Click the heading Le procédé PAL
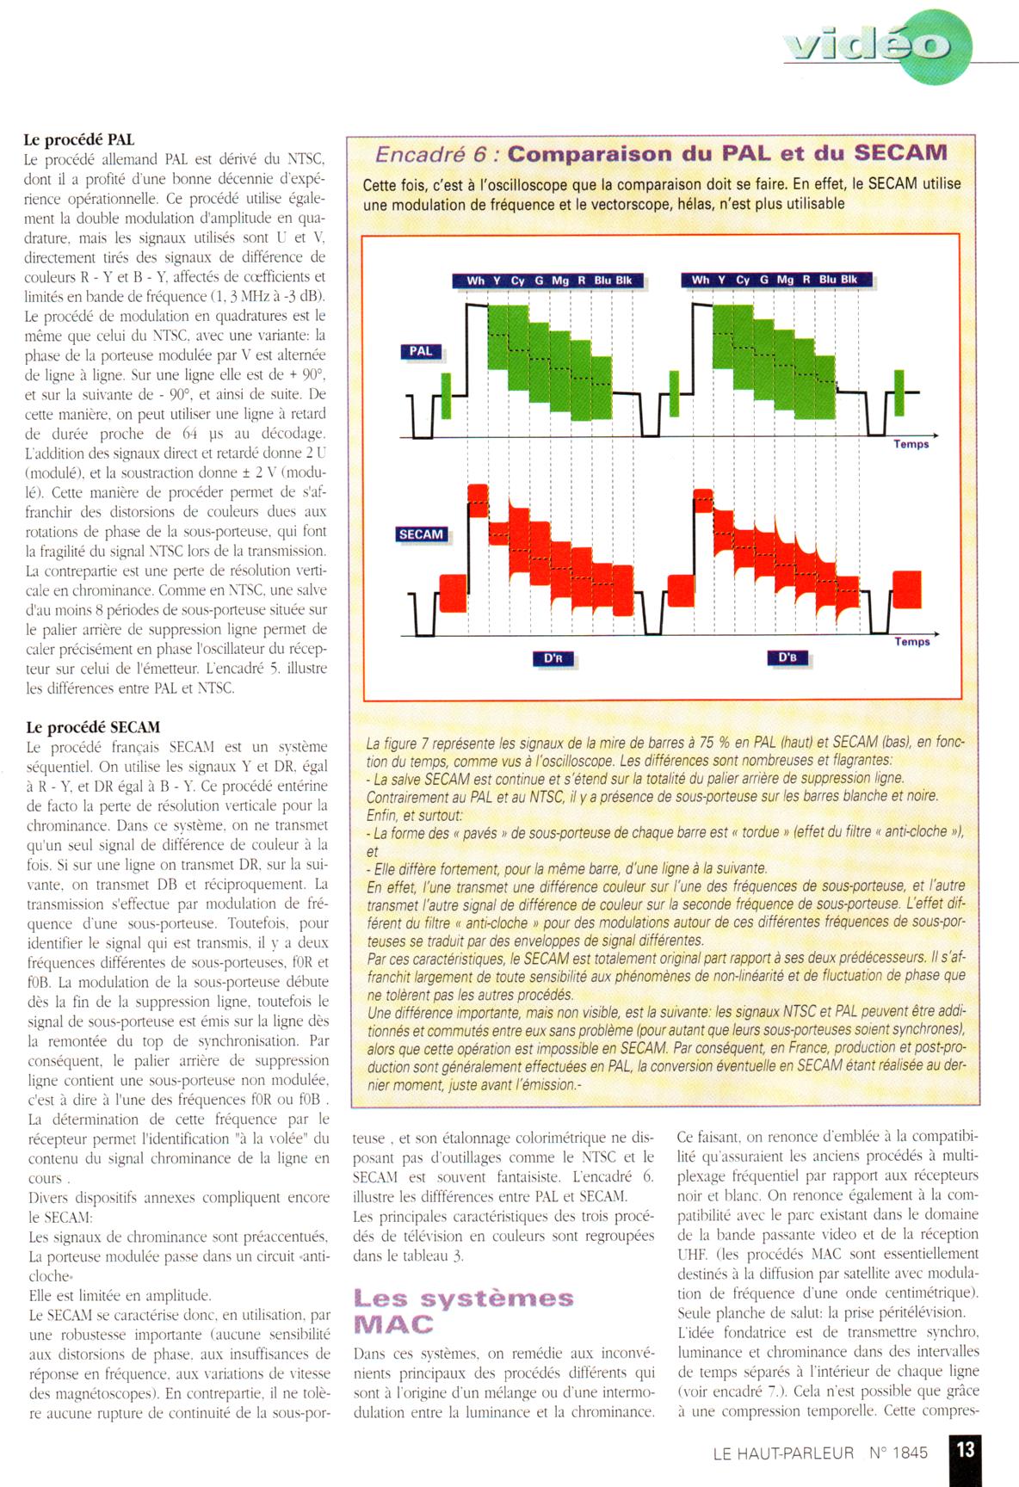tap(78, 139)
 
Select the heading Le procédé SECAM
tap(92, 727)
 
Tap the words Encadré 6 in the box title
tap(436, 154)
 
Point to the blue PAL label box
tap(421, 351)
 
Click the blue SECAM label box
tap(421, 534)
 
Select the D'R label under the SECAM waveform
tap(553, 658)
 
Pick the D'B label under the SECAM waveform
tap(787, 657)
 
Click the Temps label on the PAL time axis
tap(911, 444)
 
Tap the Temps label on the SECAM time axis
tap(911, 641)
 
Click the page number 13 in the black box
tap(966, 1450)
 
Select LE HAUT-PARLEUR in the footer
tap(783, 1453)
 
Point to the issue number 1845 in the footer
tap(911, 1453)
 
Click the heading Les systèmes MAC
tap(463, 1310)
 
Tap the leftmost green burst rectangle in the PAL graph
tap(446, 395)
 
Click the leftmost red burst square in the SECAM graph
tap(452, 593)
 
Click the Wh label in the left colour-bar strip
tap(475, 281)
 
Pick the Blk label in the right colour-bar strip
tap(849, 280)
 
